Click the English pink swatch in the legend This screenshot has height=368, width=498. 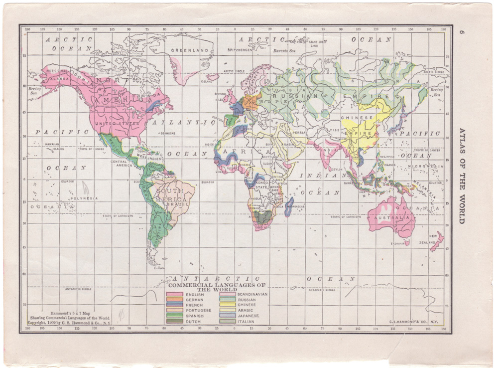pos(174,294)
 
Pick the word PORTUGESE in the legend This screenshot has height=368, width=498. pos(198,310)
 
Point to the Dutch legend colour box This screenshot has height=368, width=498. pos(174,321)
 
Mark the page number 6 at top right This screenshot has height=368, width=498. pos(462,33)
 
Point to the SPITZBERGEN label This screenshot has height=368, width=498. pos(240,50)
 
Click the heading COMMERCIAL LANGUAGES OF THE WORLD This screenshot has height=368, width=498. pos(217,287)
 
